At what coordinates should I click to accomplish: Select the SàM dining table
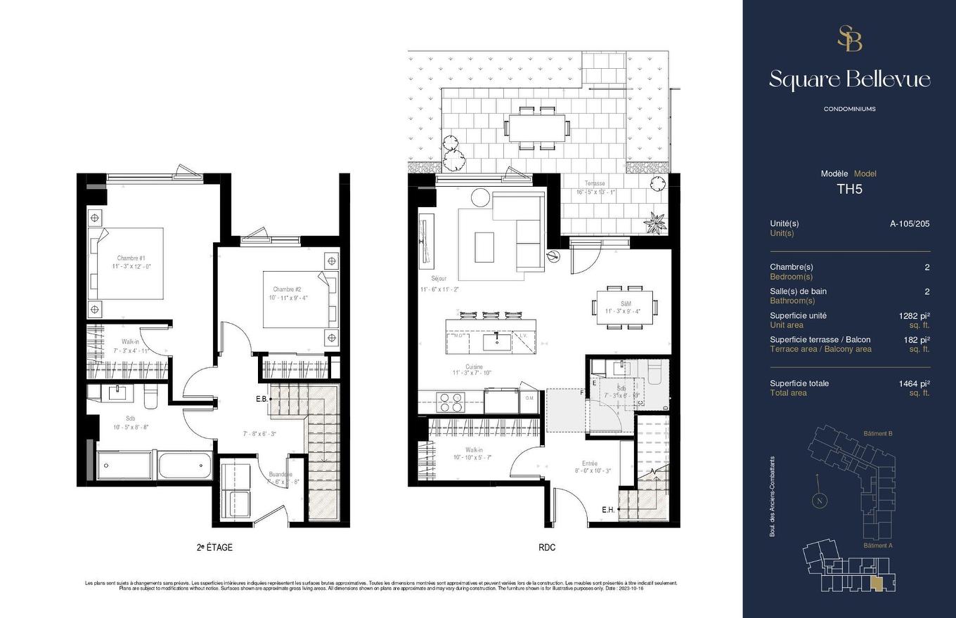(624, 307)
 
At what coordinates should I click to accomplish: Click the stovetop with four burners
(450, 402)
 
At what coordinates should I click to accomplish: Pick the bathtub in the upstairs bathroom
(185, 465)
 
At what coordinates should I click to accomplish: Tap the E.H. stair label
(608, 510)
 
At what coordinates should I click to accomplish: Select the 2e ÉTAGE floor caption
(214, 547)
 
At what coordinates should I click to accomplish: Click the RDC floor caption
(546, 547)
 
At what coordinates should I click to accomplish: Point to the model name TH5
(849, 189)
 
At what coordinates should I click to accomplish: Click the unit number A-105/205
(910, 223)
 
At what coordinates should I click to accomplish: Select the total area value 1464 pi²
(914, 383)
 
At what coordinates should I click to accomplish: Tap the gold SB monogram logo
(849, 39)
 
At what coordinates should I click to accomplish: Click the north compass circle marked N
(819, 501)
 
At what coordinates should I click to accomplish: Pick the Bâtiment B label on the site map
(877, 433)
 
